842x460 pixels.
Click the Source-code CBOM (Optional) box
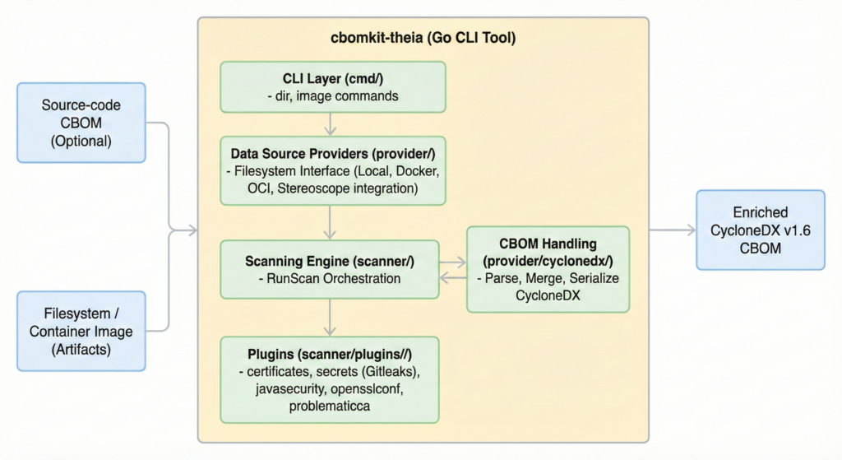click(81, 123)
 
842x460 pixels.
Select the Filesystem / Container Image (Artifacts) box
click(81, 331)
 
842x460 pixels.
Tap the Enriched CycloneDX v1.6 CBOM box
click(760, 230)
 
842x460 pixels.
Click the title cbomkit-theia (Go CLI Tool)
click(423, 39)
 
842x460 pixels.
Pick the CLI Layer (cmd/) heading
click(332, 79)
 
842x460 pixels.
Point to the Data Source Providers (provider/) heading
click(332, 154)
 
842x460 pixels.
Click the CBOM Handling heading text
click(548, 244)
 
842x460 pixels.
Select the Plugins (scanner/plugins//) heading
click(332, 354)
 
